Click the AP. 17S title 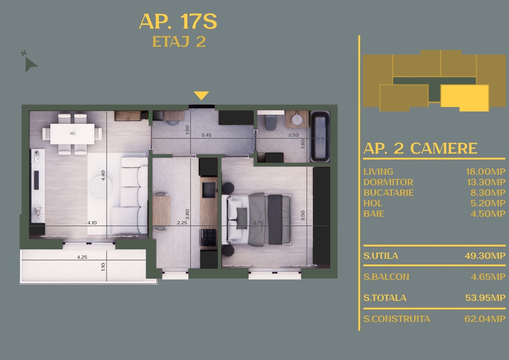point(178,22)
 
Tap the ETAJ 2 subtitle point(179,42)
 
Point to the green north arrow point(30,65)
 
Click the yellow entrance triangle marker point(201,96)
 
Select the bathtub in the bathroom point(320,136)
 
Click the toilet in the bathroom point(271,122)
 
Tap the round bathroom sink point(297,120)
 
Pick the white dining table point(72,134)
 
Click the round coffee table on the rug point(101,187)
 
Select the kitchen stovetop point(208,237)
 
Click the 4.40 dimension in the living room point(103,175)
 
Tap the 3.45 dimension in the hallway point(206,135)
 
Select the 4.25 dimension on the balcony point(82,257)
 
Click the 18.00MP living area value point(486,172)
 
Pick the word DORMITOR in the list point(388,183)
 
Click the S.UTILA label point(381,256)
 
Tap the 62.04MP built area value point(485,319)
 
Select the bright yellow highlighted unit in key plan point(465,98)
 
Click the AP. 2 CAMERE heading point(420,149)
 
